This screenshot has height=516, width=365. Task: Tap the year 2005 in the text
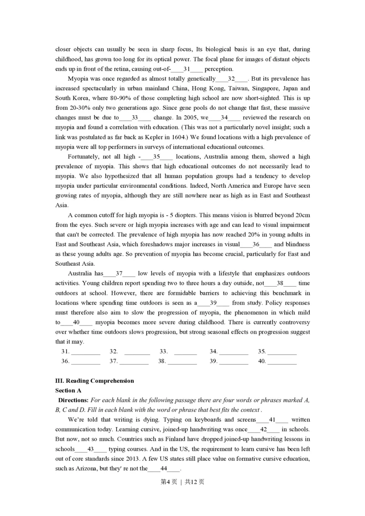(x=182, y=117)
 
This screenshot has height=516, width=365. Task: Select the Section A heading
(x=68, y=391)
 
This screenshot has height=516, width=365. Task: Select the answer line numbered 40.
(x=282, y=361)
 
